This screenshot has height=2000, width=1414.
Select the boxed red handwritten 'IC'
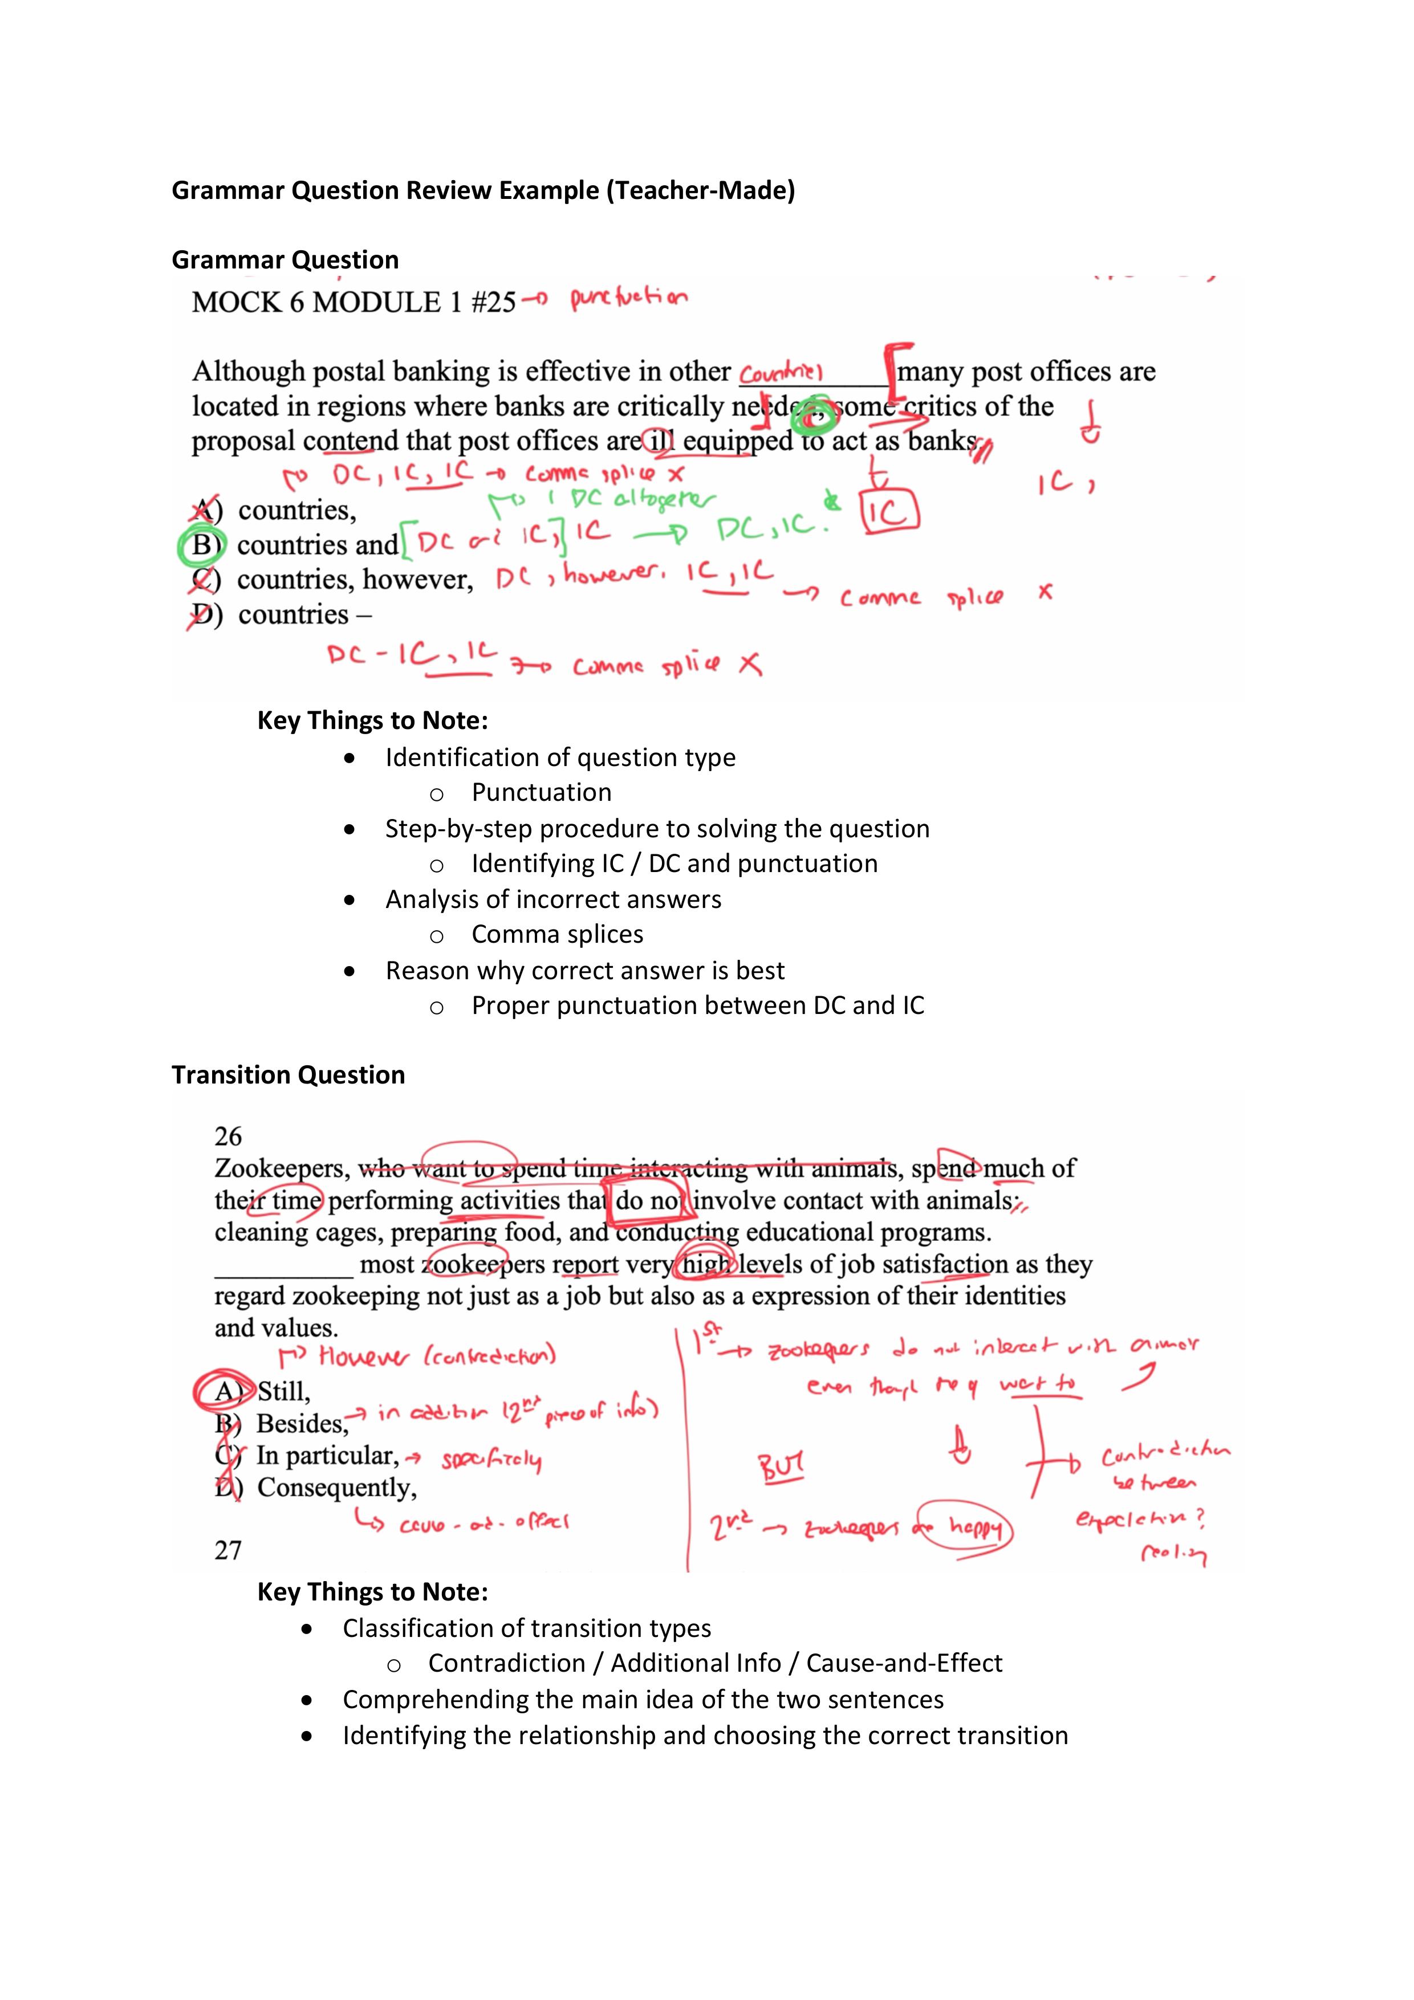pos(889,512)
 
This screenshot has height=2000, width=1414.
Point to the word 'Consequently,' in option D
pos(337,1487)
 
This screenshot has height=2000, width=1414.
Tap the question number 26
pos(228,1136)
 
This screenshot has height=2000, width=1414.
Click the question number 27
pos(228,1550)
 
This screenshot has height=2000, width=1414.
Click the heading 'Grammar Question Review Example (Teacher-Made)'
pos(483,190)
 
